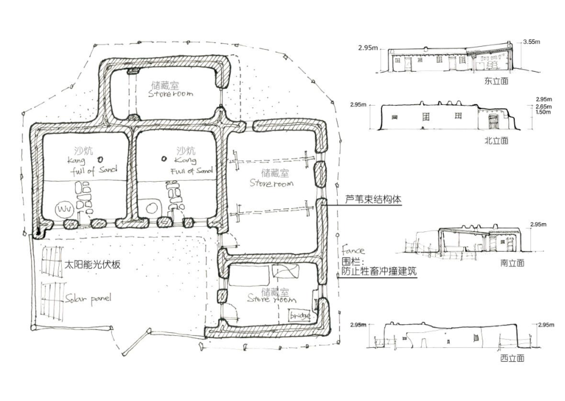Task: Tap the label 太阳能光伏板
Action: [x=92, y=265]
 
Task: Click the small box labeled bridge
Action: [x=300, y=315]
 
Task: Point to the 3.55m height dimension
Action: [x=531, y=42]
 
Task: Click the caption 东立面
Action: [x=496, y=81]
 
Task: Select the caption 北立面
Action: [x=496, y=141]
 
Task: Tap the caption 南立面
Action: [x=512, y=263]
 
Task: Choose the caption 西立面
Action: [x=512, y=358]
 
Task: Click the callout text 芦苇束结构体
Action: [x=373, y=199]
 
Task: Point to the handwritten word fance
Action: [x=353, y=251]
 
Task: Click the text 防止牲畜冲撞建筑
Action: [x=379, y=271]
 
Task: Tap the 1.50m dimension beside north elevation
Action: [x=543, y=112]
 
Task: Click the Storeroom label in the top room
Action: [x=170, y=94]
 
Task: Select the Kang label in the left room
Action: [x=76, y=161]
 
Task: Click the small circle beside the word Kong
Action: [x=164, y=159]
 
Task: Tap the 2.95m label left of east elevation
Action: [x=368, y=48]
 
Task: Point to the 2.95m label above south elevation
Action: [x=538, y=225]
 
